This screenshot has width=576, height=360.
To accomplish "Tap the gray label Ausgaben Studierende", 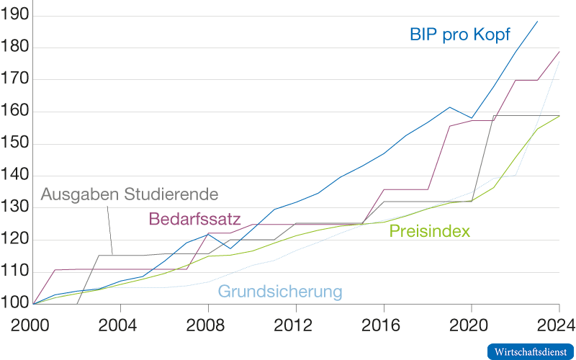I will (130, 194).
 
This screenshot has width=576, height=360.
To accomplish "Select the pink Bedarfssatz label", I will (194, 219).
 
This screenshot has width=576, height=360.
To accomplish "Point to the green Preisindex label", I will (430, 231).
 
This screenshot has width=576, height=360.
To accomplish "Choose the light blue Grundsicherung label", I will (280, 292).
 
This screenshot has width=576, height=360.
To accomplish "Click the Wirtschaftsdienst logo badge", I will (531, 351).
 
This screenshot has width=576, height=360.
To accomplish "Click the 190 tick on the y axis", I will (14, 16).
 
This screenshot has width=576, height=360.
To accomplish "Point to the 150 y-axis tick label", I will (14, 144).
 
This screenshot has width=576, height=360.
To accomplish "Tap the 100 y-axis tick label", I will (14, 304).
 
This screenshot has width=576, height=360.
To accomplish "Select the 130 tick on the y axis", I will (14, 208).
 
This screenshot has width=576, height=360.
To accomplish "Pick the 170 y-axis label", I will (14, 80).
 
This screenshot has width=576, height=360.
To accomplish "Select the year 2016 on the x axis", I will (382, 324).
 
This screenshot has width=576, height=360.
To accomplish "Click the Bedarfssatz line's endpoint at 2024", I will (559, 51).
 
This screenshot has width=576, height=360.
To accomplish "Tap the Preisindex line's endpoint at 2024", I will (559, 115).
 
